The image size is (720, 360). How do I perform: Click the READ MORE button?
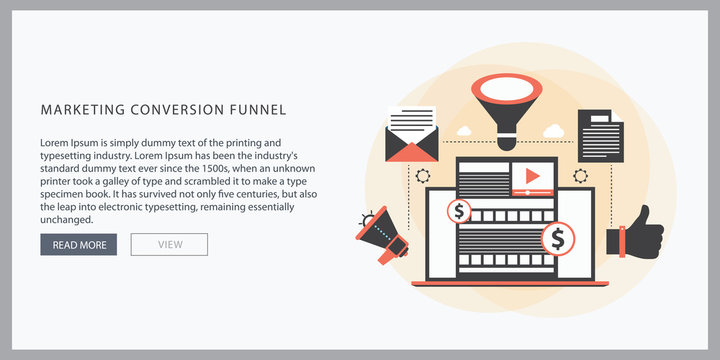pos(79,244)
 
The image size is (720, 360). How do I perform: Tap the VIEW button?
pos(169,244)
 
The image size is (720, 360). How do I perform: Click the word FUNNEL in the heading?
pos(253,109)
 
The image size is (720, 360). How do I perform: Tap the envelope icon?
pos(411,141)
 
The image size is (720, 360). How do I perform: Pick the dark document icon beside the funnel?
pos(600,136)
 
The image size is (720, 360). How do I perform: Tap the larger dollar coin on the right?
pos(557,239)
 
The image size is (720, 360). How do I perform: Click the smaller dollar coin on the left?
pos(460,211)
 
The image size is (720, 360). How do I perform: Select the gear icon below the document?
pos(580,176)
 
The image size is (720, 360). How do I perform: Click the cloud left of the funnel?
pos(464,130)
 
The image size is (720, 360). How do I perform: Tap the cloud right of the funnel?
pos(553,129)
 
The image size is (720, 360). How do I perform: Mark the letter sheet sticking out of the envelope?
pos(411,120)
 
